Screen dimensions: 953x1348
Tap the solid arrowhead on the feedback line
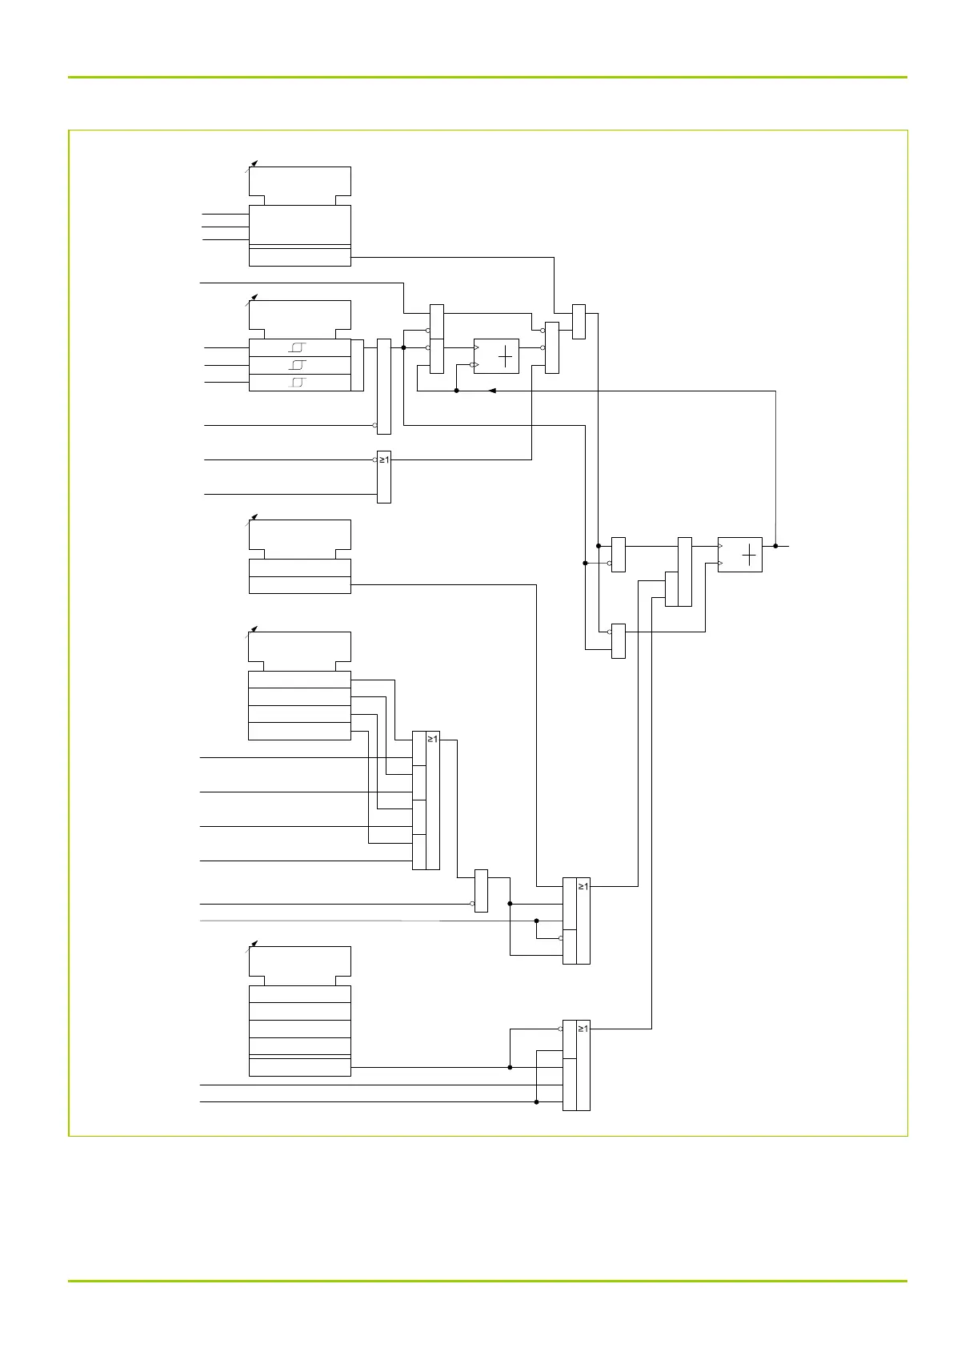[x=492, y=391]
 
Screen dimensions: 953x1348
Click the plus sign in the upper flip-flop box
[x=505, y=357]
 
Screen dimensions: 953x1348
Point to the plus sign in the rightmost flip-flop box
[x=749, y=555]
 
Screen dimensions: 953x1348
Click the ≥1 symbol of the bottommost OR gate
[x=583, y=1029]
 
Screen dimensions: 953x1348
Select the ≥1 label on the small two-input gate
[x=384, y=459]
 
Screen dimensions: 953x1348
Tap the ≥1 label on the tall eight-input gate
[x=433, y=739]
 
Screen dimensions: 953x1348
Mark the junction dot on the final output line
[x=775, y=546]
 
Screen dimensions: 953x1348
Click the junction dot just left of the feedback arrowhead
[x=456, y=391]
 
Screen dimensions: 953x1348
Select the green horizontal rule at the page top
[x=487, y=77]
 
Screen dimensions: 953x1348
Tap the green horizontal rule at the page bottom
[x=487, y=1282]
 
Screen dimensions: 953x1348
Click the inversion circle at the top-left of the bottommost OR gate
[x=560, y=1029]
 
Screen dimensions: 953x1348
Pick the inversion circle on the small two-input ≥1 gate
[x=374, y=460]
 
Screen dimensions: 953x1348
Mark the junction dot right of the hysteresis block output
[x=404, y=347]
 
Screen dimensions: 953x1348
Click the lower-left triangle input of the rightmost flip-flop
[x=720, y=564]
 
